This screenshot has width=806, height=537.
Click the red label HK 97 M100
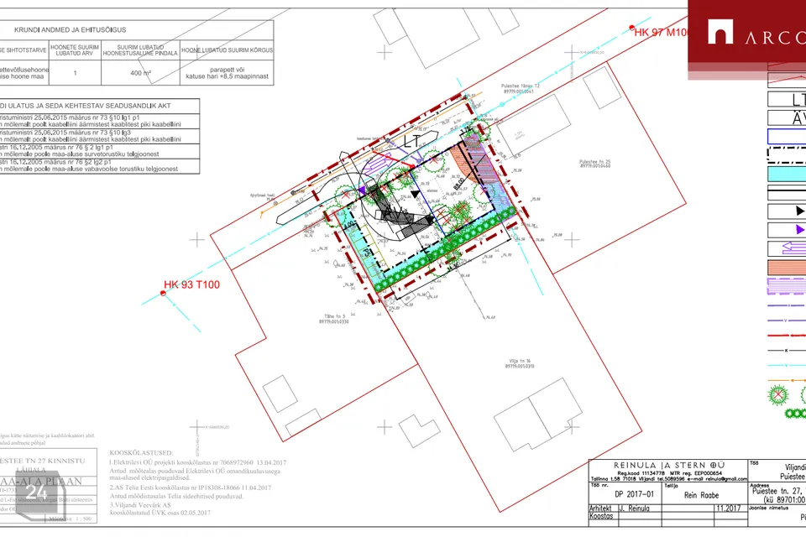click(661, 32)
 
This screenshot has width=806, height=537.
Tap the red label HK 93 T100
click(191, 284)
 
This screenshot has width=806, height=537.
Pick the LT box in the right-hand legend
click(787, 99)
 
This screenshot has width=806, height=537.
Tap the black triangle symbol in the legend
click(798, 210)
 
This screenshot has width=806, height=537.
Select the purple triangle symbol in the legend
click(798, 228)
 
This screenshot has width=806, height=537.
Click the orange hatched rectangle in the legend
click(787, 268)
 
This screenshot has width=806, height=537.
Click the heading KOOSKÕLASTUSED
click(141, 453)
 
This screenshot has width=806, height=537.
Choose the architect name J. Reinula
click(636, 508)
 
